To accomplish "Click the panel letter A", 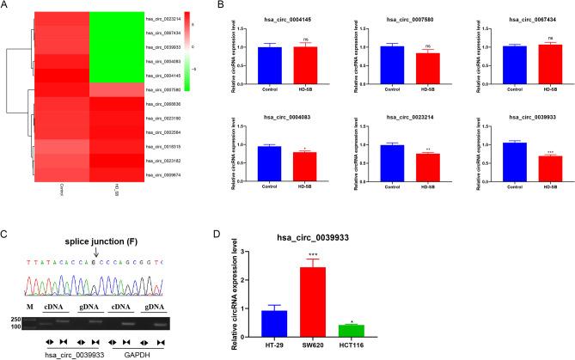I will tap(7, 6).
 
